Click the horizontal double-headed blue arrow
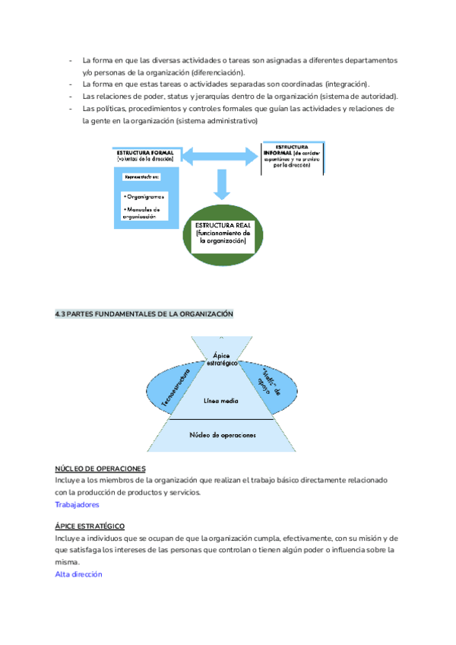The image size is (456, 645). point(220,157)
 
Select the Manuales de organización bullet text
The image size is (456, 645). point(141,212)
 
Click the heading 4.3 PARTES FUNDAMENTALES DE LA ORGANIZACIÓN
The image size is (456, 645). point(144,313)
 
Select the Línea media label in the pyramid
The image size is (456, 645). point(221,399)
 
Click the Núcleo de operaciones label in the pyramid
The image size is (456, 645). point(221,435)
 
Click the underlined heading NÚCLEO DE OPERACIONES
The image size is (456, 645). point(100,469)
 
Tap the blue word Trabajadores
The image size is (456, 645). point(77,504)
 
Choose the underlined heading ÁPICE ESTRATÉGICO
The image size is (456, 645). point(90,526)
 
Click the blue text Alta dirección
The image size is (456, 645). point(78,574)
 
